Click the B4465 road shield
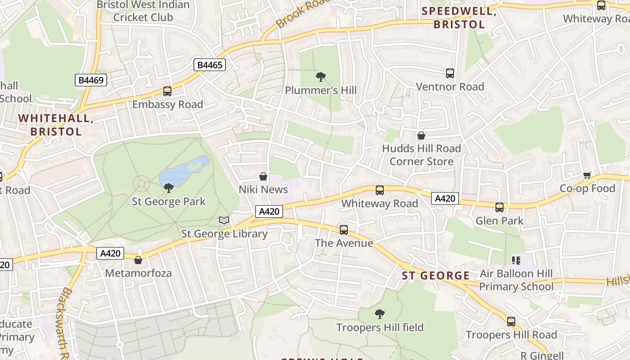(210, 65)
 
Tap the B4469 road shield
(90, 80)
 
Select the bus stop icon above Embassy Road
(167, 91)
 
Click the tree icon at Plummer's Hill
(321, 77)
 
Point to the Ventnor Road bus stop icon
(450, 73)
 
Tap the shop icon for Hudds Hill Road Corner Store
(421, 135)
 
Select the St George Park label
(169, 201)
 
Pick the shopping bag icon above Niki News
(263, 176)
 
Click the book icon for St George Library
(224, 220)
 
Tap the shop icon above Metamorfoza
(138, 260)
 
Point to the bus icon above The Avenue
(344, 230)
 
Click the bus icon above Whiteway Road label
(380, 190)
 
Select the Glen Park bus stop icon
(499, 207)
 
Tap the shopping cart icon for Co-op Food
(587, 175)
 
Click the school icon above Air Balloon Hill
(516, 260)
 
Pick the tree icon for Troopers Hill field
(380, 314)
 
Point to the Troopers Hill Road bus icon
(511, 322)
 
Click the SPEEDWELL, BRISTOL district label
(459, 18)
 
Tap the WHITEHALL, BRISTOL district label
(56, 125)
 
